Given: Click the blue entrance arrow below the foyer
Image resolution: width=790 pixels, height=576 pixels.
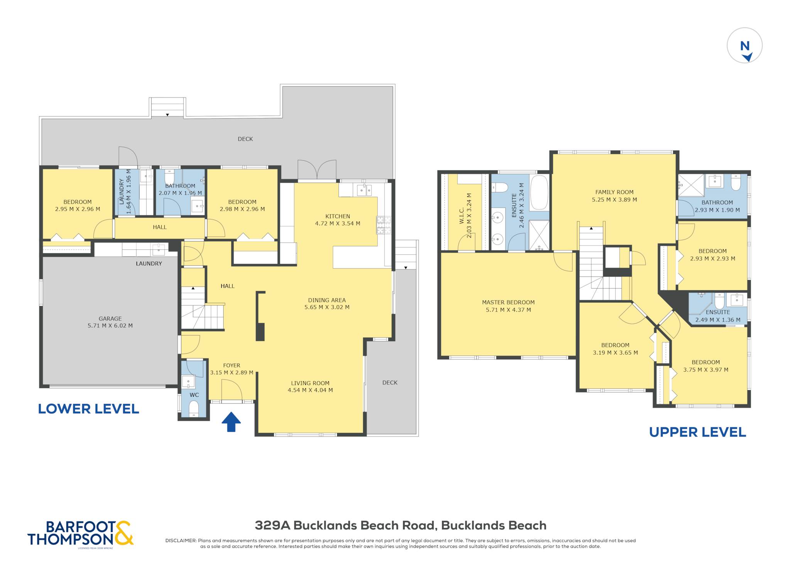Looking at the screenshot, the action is [231, 422].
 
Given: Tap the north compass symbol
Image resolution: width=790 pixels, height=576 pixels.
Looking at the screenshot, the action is [744, 45].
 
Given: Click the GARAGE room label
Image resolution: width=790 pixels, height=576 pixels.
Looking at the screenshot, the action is [110, 318].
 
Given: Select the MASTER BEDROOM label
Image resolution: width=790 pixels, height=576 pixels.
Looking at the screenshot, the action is [508, 302].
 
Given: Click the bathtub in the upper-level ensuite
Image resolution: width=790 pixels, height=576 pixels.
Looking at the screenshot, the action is [539, 192].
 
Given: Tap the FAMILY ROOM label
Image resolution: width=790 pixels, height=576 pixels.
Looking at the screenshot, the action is [614, 192].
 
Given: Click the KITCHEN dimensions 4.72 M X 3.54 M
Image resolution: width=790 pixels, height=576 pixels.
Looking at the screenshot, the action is [338, 223].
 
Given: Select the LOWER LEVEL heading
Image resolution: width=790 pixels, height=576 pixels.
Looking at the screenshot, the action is [88, 409].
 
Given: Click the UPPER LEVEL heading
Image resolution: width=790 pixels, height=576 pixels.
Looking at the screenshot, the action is [697, 432].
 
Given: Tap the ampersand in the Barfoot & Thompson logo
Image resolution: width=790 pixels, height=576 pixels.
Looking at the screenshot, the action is [123, 533].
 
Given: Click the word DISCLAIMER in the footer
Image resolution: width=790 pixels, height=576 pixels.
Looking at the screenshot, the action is [181, 541].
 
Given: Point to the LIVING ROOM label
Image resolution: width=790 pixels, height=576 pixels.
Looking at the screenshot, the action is [310, 383].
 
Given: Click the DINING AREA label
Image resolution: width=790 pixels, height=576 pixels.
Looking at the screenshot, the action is [327, 300].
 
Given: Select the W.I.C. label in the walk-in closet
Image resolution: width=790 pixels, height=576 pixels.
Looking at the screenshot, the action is [462, 216].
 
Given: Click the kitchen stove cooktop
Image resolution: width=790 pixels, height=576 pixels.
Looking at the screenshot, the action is [384, 225].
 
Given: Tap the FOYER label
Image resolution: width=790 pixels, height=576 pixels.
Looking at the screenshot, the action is [231, 365].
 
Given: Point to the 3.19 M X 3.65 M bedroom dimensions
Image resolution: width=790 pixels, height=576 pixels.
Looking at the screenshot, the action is [615, 352].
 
